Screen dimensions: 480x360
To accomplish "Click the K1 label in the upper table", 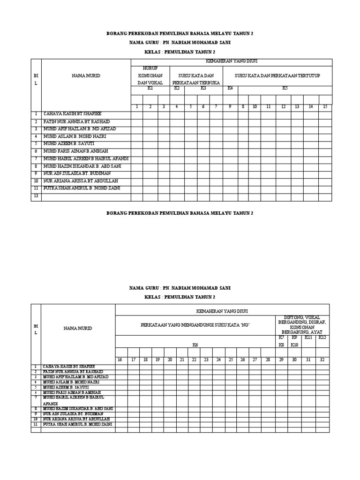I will [150, 88].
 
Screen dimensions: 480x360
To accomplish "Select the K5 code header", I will [285, 88].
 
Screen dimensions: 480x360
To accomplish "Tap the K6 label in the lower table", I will [195, 345].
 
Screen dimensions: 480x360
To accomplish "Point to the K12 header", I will [322, 337].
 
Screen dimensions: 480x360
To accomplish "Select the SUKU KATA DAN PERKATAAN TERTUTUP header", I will [277, 75].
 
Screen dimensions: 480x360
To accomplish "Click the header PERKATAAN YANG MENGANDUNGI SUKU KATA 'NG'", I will [195, 325].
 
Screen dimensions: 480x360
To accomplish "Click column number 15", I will [325, 107].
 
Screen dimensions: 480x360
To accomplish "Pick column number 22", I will [194, 360].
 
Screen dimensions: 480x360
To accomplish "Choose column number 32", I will [322, 360].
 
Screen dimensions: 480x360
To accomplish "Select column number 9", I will [230, 107].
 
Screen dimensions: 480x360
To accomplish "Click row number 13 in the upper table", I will [36, 197].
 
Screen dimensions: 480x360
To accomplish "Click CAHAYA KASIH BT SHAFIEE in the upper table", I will [72, 114].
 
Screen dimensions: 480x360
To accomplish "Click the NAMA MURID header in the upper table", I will [86, 75].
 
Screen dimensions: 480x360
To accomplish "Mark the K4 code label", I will [230, 88].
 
